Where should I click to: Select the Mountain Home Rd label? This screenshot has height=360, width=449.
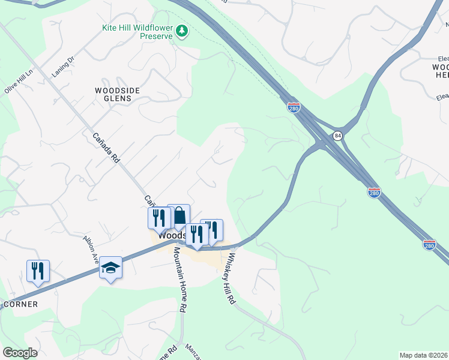[x=179, y=279]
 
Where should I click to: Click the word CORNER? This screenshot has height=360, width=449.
[x=20, y=304]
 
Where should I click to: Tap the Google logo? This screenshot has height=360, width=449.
[x=20, y=353]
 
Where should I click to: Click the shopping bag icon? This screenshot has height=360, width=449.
[x=179, y=215]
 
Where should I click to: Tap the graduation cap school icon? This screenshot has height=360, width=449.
[x=110, y=267]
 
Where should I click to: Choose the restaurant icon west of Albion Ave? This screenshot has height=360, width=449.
[x=38, y=270]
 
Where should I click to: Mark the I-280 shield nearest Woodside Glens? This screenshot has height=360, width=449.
[x=293, y=108]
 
